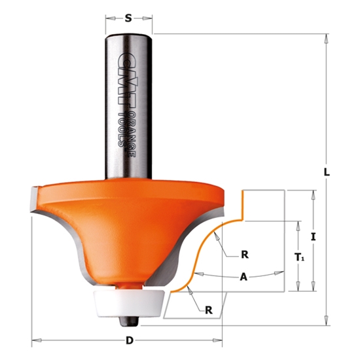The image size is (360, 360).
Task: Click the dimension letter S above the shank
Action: click(x=129, y=19)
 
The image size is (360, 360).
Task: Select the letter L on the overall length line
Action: click(x=327, y=172)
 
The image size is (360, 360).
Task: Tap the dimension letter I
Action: click(x=314, y=239)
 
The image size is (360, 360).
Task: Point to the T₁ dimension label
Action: click(x=300, y=258)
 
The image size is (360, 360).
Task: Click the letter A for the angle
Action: click(x=243, y=277)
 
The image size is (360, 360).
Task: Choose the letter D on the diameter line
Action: click(x=130, y=340)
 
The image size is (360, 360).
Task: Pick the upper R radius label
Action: click(x=243, y=254)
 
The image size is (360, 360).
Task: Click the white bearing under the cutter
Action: click(x=128, y=302)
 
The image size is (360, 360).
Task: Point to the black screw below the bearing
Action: click(x=129, y=319)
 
